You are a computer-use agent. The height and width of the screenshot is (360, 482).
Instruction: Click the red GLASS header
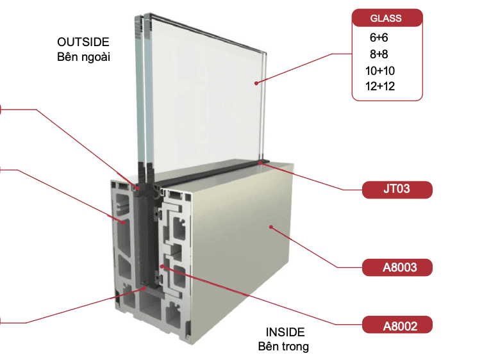click(x=387, y=18)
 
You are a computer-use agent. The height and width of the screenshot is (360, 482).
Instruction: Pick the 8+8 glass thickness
click(x=379, y=54)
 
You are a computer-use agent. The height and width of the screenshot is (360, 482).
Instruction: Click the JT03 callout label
click(x=397, y=190)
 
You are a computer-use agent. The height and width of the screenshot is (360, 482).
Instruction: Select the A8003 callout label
click(x=397, y=266)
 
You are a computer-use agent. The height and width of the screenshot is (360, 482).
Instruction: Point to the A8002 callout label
click(x=397, y=325)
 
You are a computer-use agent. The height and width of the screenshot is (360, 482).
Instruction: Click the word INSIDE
click(x=285, y=332)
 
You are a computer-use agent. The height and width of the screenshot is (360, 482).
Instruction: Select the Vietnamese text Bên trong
click(x=283, y=347)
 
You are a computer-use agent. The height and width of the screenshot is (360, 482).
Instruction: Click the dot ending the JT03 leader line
click(x=260, y=163)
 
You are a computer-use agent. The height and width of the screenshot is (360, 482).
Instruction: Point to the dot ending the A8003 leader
click(x=271, y=227)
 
